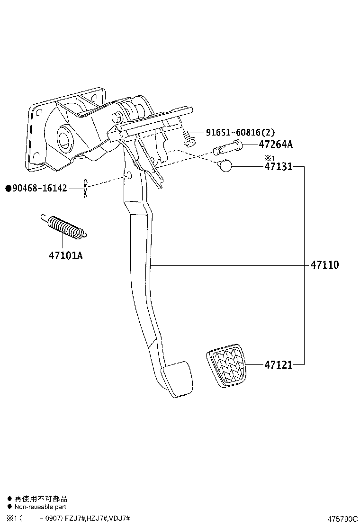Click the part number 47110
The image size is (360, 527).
[324, 265]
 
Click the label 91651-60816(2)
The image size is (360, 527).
[240, 133]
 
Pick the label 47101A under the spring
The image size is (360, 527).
[65, 256]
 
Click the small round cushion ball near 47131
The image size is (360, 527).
[224, 166]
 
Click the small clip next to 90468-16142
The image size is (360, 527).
[85, 188]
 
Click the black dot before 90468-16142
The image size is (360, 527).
[8, 189]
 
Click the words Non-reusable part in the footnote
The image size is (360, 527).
[40, 507]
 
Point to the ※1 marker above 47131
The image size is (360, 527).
[270, 158]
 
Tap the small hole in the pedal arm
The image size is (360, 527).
[129, 176]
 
